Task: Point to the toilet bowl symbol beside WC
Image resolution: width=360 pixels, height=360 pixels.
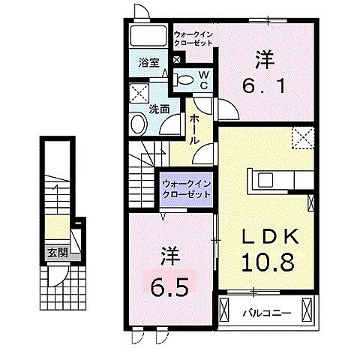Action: pos(184,79)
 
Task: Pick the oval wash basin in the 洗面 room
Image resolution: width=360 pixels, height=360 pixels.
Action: pos(139,124)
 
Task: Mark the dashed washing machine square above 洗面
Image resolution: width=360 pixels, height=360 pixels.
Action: pos(138,94)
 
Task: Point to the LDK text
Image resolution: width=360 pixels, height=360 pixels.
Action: pos(270,237)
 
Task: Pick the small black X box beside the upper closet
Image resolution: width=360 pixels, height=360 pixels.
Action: pos(177,60)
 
